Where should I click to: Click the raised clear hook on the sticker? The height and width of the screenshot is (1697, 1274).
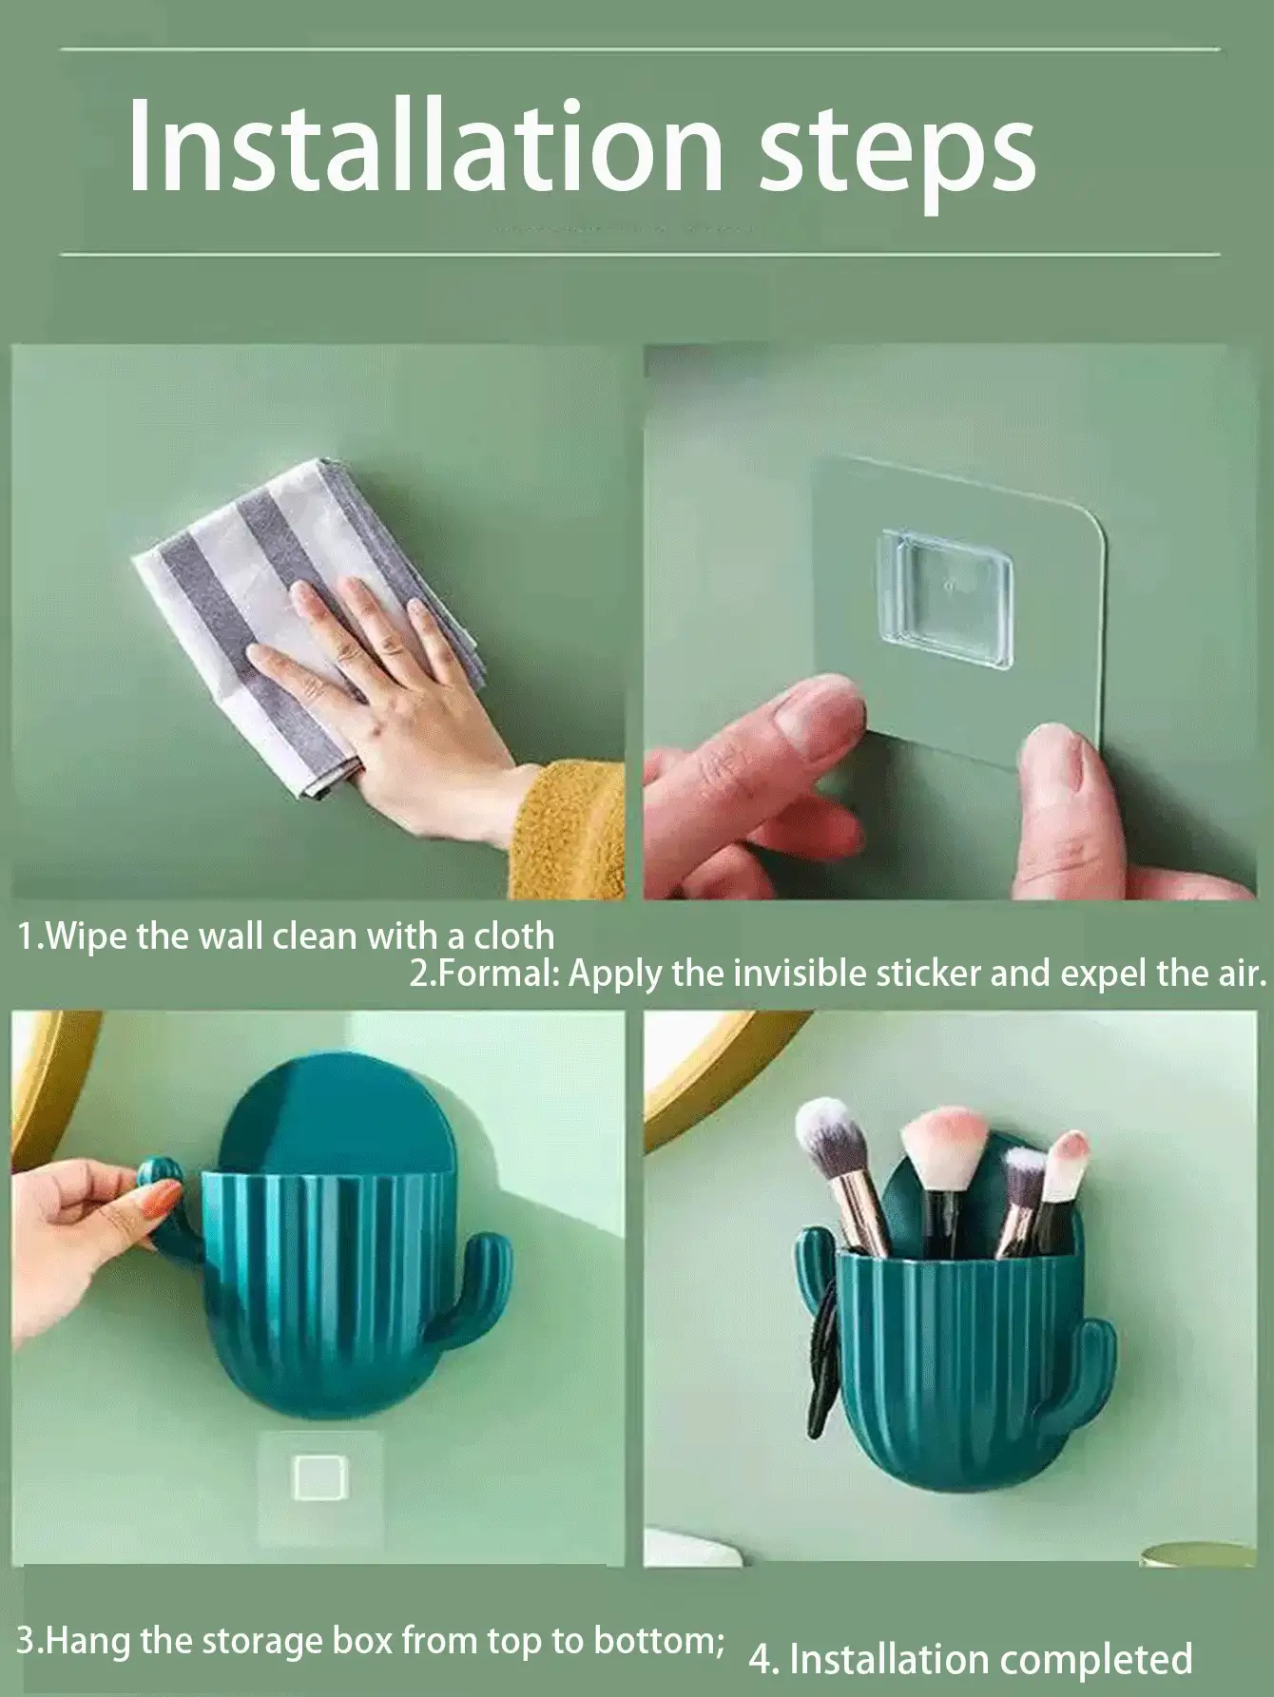click(945, 584)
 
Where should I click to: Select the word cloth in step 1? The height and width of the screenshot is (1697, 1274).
click(515, 937)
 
